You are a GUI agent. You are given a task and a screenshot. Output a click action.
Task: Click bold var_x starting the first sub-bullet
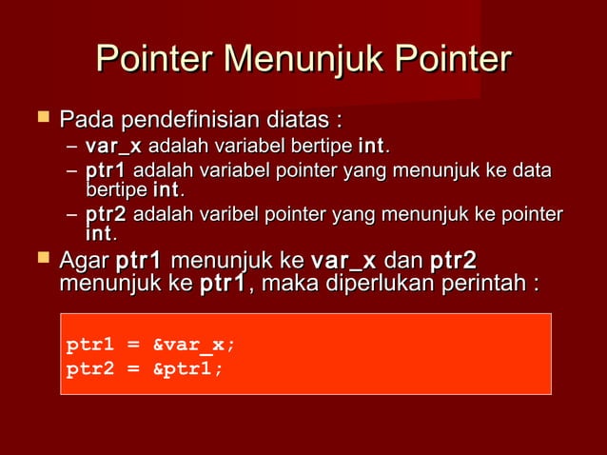click(x=113, y=147)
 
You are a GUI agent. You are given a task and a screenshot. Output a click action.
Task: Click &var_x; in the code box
click(x=194, y=345)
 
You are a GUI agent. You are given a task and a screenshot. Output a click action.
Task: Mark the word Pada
click(x=83, y=121)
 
